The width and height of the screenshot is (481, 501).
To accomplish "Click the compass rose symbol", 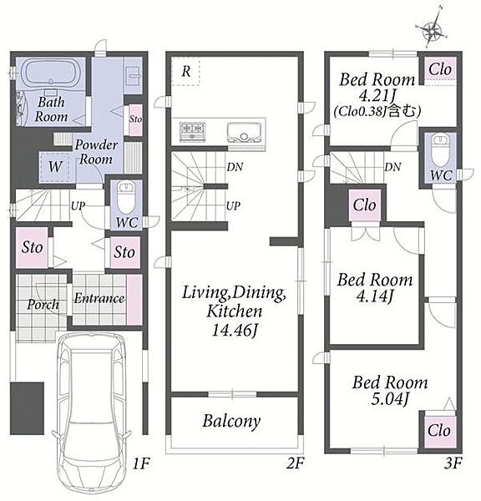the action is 432,31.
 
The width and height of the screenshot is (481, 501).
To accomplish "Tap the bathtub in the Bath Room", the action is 50,73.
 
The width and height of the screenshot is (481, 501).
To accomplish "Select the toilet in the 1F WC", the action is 125,197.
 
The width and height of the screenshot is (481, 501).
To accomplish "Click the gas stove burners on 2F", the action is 192,131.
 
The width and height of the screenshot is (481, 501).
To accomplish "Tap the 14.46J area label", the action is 235,331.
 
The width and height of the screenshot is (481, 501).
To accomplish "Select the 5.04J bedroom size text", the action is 390,399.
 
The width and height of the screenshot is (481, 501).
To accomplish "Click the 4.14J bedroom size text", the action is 375,296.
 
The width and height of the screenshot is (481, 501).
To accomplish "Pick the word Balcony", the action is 231,421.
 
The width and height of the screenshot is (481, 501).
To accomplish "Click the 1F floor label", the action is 141,463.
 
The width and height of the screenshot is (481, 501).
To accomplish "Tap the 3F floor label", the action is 453,463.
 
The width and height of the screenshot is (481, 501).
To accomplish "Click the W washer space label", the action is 55,166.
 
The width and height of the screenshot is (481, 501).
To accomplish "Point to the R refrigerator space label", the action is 186,71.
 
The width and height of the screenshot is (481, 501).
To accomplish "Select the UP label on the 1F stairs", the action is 78,205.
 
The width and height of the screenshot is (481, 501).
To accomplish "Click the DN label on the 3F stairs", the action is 392,167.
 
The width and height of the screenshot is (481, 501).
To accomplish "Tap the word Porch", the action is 43,305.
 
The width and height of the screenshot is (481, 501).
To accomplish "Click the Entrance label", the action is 99,298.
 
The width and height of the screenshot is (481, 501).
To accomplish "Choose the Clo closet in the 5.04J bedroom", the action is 440,431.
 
